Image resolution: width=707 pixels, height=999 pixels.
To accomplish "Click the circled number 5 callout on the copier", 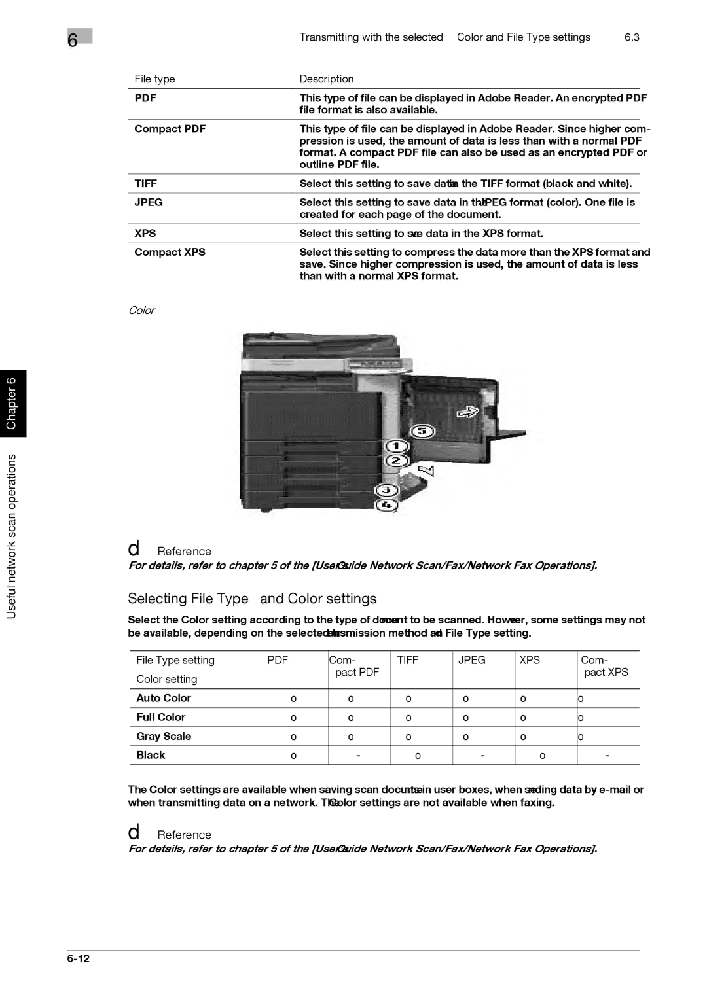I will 423,431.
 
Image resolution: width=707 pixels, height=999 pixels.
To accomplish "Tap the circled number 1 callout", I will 396,446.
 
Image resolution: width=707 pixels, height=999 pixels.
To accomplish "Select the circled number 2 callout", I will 395,461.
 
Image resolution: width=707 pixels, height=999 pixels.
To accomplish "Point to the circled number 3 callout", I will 387,490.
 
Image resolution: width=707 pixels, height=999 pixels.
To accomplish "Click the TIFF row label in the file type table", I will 146,184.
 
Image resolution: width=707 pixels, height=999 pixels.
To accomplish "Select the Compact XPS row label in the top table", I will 170,253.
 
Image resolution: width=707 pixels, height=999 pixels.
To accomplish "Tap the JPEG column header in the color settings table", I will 471,660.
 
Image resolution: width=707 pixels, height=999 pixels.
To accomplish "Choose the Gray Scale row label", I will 164,736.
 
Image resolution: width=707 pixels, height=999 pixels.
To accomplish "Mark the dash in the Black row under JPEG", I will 482,756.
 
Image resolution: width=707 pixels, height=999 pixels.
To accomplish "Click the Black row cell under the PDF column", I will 294,756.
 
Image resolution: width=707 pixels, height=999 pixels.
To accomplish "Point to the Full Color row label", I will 161,717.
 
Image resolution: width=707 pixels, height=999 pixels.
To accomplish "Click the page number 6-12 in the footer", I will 78,959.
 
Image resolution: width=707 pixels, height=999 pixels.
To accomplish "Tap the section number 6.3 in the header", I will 632,37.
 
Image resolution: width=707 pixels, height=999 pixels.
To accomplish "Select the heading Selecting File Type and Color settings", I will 252,599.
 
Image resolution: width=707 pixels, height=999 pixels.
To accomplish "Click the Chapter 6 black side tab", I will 12,403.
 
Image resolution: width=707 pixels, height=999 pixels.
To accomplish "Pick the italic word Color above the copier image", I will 141,311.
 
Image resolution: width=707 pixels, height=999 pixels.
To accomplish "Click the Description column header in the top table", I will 327,79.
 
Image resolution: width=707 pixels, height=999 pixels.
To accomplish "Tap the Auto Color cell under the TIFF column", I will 408,699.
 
